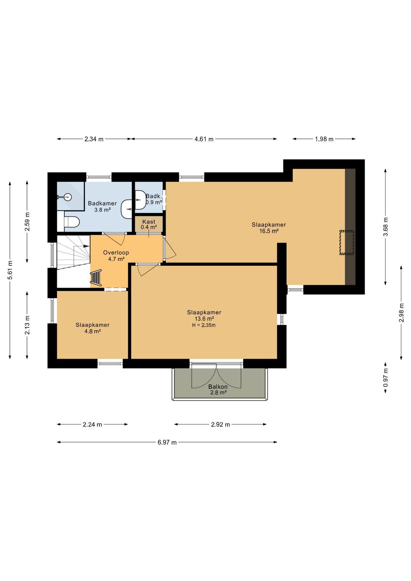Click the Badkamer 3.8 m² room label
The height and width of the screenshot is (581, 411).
pyautogui.click(x=102, y=206)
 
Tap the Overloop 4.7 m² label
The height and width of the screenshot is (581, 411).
pyautogui.click(x=116, y=256)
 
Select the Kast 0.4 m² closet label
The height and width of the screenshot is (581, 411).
pyautogui.click(x=149, y=224)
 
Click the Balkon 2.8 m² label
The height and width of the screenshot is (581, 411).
pyautogui.click(x=218, y=390)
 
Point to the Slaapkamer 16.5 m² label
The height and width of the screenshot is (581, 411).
pyautogui.click(x=269, y=228)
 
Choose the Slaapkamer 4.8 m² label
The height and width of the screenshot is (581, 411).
pyautogui.click(x=93, y=328)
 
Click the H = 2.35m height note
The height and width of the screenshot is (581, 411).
pyautogui.click(x=204, y=326)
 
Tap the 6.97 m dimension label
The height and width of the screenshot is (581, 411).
pyautogui.click(x=167, y=442)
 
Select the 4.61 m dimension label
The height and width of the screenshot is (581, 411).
pyautogui.click(x=204, y=139)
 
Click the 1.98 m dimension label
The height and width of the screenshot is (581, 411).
pyautogui.click(x=324, y=139)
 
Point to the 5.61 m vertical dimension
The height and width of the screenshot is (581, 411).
pyautogui.click(x=10, y=270)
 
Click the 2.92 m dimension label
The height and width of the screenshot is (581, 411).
pyautogui.click(x=220, y=425)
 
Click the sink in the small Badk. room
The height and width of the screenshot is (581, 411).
pyautogui.click(x=140, y=200)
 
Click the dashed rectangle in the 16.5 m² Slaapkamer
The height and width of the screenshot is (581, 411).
pyautogui.click(x=347, y=242)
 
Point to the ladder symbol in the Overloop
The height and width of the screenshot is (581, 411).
pyautogui.click(x=96, y=278)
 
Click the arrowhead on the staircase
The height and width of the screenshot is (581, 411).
pyautogui.click(x=87, y=246)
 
